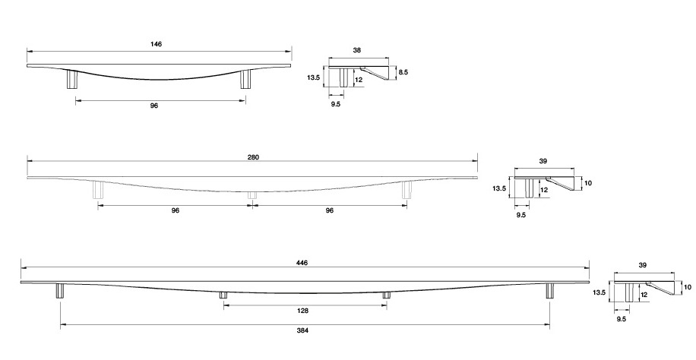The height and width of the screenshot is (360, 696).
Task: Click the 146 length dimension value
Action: (157, 45)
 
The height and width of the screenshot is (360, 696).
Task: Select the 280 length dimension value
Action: (254, 157)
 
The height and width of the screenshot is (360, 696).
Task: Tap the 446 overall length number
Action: (303, 262)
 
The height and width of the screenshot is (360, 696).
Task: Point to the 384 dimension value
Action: (304, 331)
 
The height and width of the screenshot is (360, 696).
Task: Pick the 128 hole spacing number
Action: (304, 311)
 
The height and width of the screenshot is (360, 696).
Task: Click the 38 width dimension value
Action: (357, 50)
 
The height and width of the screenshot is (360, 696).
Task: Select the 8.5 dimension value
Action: (403, 72)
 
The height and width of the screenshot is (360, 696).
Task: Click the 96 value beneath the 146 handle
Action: (153, 106)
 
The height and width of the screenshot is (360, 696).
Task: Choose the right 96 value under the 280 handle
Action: (329, 210)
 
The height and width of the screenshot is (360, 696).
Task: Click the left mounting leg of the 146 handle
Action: (73, 79)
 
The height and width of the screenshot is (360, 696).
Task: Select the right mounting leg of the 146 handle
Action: (245, 79)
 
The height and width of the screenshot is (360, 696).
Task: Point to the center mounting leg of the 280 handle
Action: (252, 194)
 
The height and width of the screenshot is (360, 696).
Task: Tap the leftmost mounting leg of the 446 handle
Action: (59, 291)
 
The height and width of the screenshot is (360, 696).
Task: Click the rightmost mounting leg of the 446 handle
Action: (549, 291)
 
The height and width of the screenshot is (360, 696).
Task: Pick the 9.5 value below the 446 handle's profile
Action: (622, 319)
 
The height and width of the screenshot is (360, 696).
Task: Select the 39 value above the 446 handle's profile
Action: (643, 265)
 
